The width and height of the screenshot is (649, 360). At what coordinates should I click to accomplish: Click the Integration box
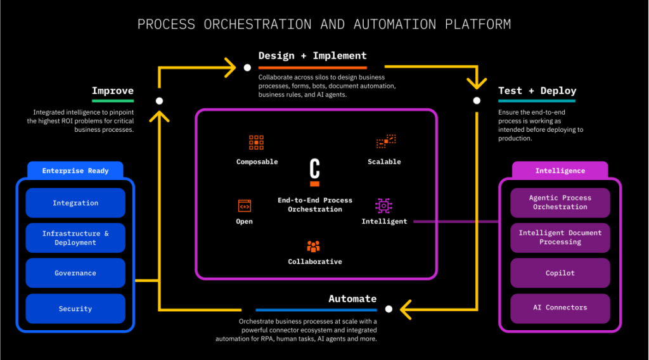click(75, 203)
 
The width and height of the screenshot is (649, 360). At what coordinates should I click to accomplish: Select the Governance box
click(75, 273)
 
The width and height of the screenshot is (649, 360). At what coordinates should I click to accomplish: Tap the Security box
click(75, 309)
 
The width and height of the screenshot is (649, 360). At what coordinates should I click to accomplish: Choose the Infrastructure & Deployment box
click(75, 238)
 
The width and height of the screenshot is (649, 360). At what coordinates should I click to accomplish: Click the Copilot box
click(560, 273)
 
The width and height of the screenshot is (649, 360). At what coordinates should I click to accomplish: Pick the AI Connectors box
click(560, 308)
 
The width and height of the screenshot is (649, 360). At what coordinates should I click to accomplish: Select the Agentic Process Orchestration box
click(560, 202)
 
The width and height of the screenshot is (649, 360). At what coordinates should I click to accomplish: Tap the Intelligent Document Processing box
click(560, 237)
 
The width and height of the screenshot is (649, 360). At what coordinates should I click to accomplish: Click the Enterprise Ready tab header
click(75, 170)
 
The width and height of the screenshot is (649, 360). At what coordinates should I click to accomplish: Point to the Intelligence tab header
click(560, 170)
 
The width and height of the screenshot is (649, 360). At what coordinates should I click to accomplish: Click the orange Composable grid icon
click(256, 142)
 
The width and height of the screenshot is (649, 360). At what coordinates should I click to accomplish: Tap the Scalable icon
click(385, 141)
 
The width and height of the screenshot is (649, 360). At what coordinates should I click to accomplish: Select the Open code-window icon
click(245, 205)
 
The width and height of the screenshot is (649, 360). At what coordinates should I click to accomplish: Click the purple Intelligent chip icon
click(383, 205)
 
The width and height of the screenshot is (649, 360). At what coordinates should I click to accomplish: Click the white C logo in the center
click(314, 171)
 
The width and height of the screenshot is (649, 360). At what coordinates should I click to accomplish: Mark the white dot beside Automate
click(389, 309)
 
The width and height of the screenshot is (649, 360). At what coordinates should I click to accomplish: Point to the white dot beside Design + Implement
click(247, 67)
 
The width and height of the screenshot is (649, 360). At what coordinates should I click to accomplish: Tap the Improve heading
click(112, 91)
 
